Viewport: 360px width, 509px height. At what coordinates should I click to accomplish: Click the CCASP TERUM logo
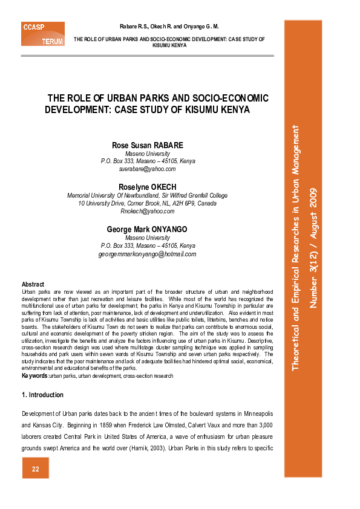42,34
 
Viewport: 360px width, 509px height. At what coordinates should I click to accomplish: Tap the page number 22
36,470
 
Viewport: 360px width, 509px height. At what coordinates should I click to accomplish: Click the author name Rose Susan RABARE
148,146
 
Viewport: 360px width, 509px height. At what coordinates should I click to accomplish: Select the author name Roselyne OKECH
148,187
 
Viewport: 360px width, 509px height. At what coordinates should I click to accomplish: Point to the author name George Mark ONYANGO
148,230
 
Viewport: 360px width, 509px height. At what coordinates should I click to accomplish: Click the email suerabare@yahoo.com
148,169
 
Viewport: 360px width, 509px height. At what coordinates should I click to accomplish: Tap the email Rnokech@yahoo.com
148,211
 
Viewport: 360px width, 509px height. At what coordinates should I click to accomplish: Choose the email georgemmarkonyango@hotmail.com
148,254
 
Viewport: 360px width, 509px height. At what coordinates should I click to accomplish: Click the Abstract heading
33,284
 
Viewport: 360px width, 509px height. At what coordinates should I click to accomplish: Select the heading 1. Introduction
42,395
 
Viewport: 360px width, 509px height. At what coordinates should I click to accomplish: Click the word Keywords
34,376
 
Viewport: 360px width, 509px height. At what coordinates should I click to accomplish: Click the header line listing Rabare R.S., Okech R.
169,27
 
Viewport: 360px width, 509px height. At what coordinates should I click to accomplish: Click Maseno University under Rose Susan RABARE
148,154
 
